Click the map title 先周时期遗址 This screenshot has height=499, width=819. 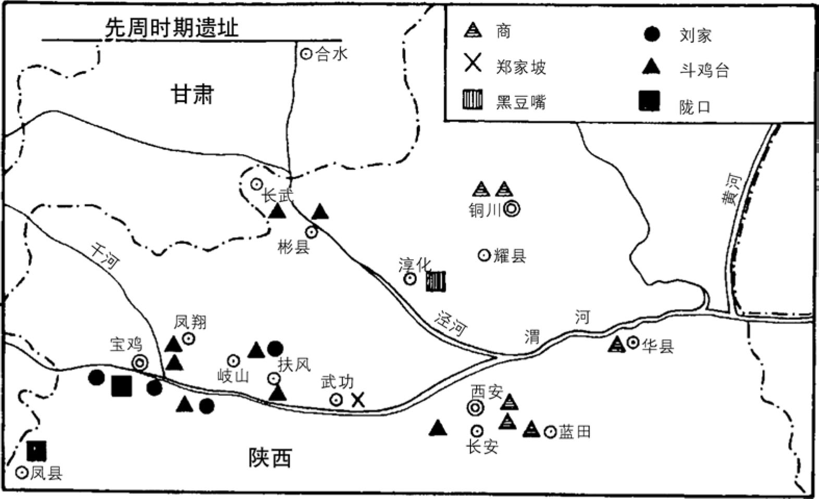tap(172, 28)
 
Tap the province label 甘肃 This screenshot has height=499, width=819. tap(192, 95)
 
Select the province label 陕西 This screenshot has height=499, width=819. tap(269, 458)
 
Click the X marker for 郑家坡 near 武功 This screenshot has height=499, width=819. tap(357, 400)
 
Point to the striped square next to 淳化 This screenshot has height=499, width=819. tap(436, 281)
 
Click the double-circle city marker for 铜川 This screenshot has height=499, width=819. tap(512, 209)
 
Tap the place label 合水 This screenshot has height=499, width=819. tap(331, 54)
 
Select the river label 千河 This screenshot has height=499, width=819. tap(105, 256)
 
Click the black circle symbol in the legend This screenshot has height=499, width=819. tap(651, 34)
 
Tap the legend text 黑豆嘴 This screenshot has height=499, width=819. tap(521, 102)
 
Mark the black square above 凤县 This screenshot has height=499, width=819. tap(37, 450)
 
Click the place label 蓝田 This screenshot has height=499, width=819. tap(575, 432)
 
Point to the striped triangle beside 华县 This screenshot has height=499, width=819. tap(617, 344)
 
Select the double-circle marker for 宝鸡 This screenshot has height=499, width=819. tap(139, 362)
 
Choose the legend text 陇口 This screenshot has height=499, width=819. tap(695, 107)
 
